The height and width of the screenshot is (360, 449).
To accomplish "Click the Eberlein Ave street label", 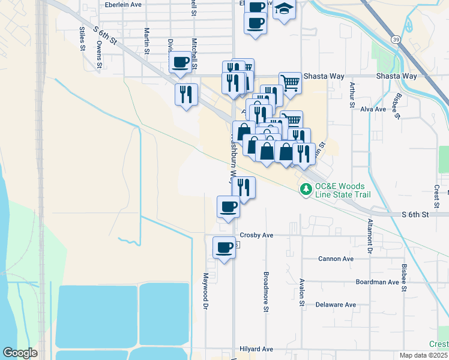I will click(122, 4).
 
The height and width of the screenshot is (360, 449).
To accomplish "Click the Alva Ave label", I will click(373, 109).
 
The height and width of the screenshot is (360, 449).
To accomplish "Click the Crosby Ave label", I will click(256, 235).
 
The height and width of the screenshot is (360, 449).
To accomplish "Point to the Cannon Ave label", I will click(336, 259).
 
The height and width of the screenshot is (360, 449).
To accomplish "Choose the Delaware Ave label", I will click(336, 305).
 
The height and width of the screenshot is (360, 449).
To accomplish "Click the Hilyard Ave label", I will click(256, 349).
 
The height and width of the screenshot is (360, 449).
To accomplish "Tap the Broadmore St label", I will click(265, 292).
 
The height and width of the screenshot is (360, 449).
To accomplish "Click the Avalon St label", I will click(301, 292).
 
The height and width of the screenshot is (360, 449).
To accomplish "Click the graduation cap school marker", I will click(284, 8).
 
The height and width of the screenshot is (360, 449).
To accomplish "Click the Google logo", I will click(20, 353).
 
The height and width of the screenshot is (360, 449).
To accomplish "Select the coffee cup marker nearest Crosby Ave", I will click(224, 247).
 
